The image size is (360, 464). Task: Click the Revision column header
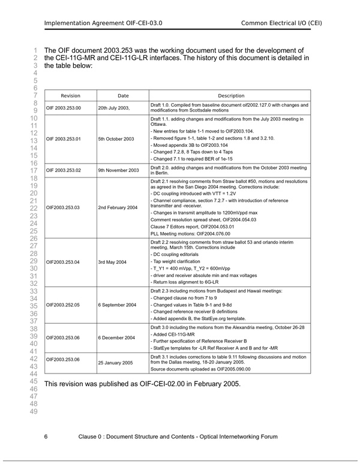point(70,96)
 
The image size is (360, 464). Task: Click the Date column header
point(123,96)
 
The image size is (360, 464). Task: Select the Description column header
point(231,96)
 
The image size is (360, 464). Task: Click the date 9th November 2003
point(118,170)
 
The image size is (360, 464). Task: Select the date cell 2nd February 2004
point(118,207)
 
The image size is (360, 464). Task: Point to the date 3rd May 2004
point(112,262)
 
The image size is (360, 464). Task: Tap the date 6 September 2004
point(117,305)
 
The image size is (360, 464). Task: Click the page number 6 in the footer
point(46,436)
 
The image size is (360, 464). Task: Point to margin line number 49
point(34,411)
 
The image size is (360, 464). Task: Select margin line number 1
point(36,50)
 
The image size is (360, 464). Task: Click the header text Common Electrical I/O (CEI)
point(281,23)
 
